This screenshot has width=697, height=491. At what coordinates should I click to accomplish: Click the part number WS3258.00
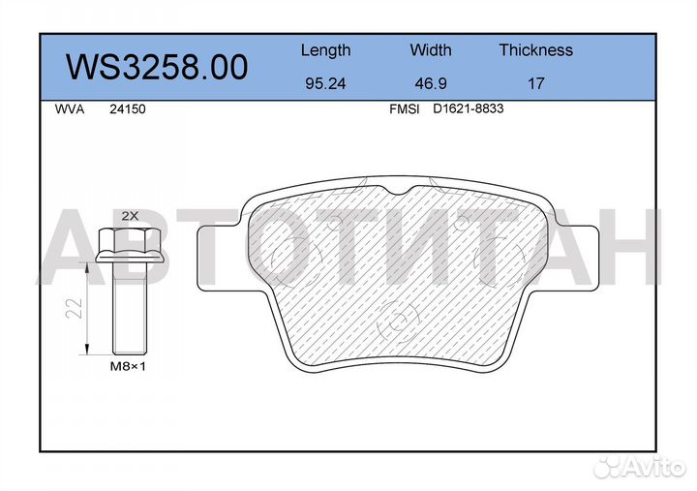click(157, 67)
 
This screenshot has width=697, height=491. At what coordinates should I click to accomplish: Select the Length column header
click(326, 50)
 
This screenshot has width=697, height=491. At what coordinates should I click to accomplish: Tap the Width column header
click(430, 49)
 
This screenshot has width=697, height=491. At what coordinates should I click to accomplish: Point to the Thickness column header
click(535, 49)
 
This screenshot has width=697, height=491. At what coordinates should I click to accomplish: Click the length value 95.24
click(325, 83)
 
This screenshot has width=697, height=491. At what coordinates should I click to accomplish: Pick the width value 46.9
click(430, 83)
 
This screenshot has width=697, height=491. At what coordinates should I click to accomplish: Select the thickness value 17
click(535, 83)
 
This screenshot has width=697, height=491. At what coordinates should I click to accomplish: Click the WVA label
click(70, 109)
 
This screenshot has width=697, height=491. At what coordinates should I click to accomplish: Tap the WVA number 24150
click(127, 109)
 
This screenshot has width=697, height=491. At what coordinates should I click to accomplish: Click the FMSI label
click(404, 109)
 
